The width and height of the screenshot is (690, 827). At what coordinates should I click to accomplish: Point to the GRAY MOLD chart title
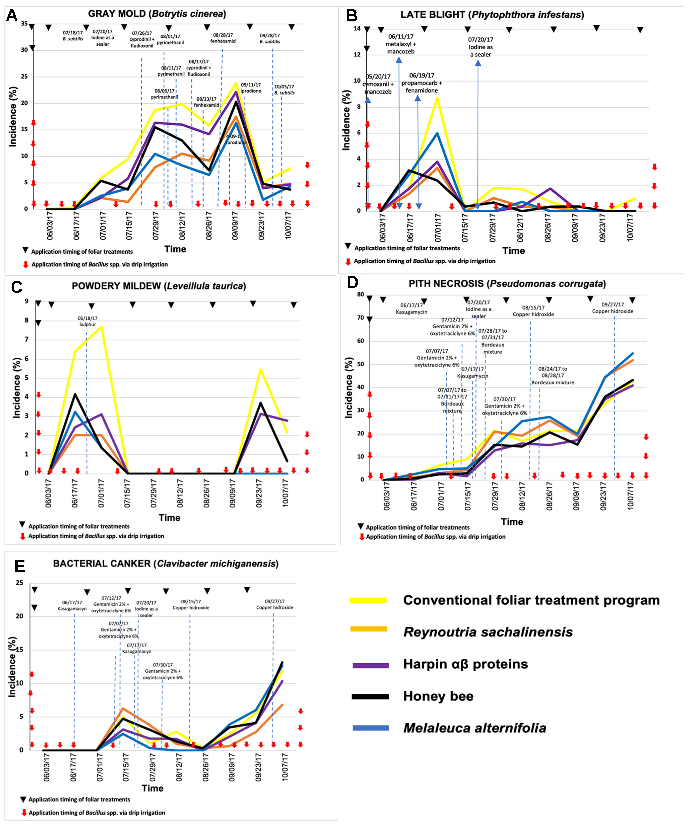tap(157, 14)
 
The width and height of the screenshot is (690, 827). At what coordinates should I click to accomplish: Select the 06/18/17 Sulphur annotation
tap(87, 321)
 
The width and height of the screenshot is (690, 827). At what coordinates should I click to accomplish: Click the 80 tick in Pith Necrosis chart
tap(360, 295)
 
